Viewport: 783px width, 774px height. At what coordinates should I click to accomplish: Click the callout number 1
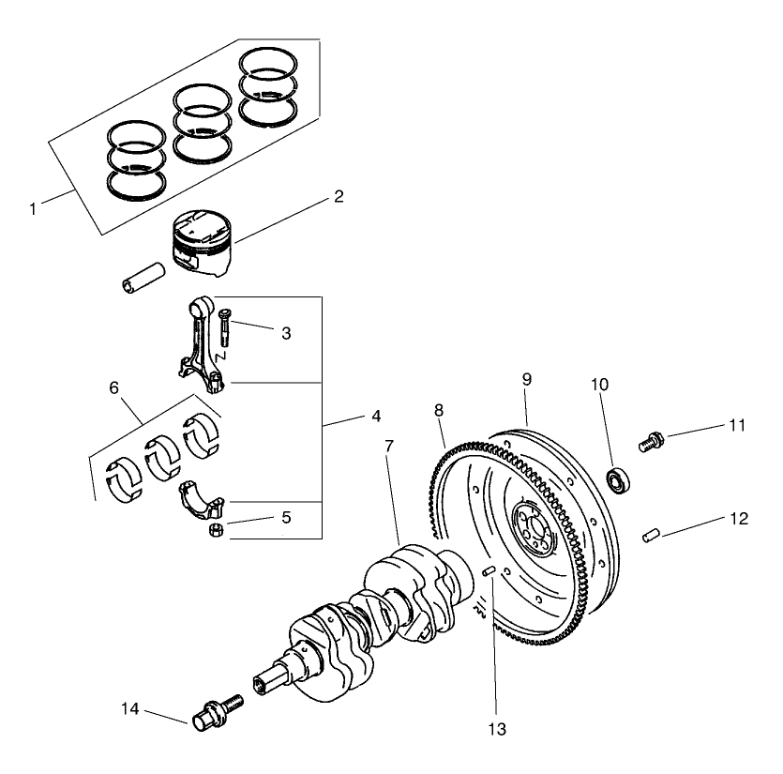[x=33, y=208]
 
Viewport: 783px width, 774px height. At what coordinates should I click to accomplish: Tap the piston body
[x=202, y=245]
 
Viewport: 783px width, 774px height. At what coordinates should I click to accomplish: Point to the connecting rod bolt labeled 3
[x=226, y=329]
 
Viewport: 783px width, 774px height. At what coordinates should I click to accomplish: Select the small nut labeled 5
[x=214, y=532]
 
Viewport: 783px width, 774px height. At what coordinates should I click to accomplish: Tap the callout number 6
[x=114, y=387]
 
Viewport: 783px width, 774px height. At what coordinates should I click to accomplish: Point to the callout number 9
[x=526, y=379]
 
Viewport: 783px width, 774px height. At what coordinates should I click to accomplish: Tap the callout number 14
[x=130, y=709]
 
